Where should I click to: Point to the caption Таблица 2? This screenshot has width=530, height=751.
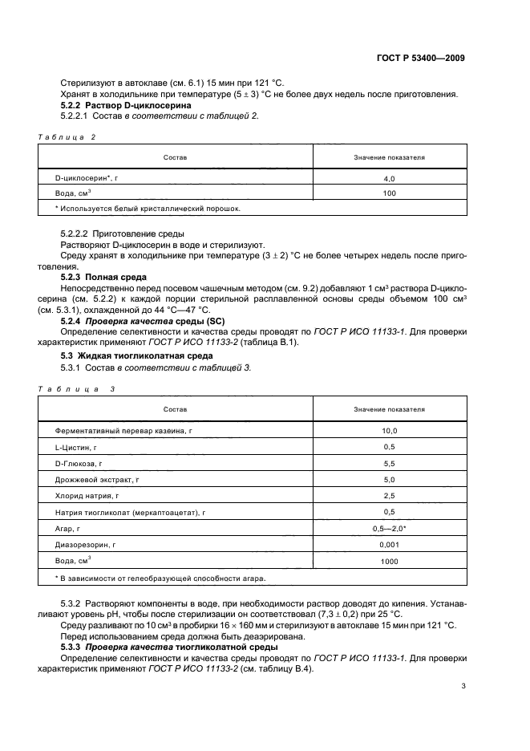[x=67, y=137]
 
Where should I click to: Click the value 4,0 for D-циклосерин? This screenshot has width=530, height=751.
[x=390, y=179]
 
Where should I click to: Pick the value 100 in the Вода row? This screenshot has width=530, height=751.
[x=390, y=193]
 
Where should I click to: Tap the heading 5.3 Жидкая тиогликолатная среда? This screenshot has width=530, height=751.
[x=137, y=355]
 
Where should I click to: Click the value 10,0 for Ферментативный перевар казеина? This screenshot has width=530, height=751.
[x=390, y=431]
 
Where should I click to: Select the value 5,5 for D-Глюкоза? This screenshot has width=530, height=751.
[x=390, y=464]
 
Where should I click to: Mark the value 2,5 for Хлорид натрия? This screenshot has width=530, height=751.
[x=390, y=495]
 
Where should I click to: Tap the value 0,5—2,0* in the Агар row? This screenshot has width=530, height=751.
[x=390, y=528]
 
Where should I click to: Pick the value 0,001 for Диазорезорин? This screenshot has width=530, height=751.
[x=390, y=544]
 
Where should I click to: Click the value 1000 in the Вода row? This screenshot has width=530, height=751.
[x=390, y=561]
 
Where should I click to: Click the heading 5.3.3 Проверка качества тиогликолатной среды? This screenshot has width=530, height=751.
[x=177, y=647]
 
